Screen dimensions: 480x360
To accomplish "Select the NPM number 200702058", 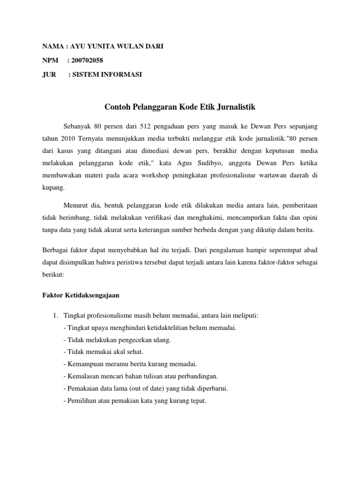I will pyautogui.click(x=88, y=60).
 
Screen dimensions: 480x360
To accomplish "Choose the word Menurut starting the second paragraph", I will pyautogui.click(x=75, y=205).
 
